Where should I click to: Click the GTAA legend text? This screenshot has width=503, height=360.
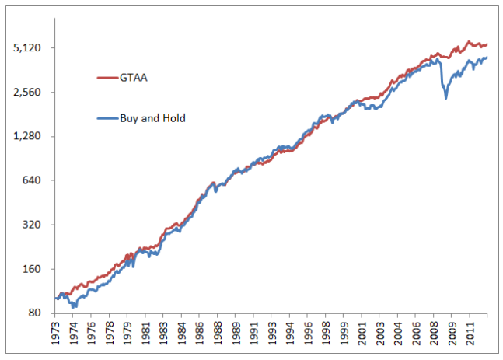coord(134,79)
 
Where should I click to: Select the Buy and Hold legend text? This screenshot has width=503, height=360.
coord(152,118)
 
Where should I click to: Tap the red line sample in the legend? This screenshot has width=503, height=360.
coord(106,79)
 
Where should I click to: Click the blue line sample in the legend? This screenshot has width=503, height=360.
coord(106,118)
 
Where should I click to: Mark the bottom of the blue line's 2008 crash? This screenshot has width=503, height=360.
coord(445,98)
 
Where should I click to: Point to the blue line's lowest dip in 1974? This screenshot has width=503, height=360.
coord(73,307)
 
